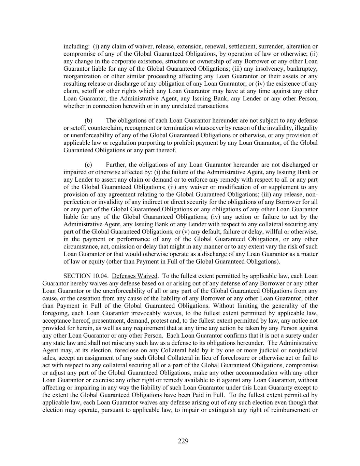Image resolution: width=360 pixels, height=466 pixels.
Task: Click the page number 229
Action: tap(183, 441)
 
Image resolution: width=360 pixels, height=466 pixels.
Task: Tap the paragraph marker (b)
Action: tap(88, 121)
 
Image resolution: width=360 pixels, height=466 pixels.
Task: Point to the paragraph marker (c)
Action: tap(88, 165)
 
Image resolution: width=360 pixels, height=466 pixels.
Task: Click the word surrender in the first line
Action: tap(271, 46)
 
